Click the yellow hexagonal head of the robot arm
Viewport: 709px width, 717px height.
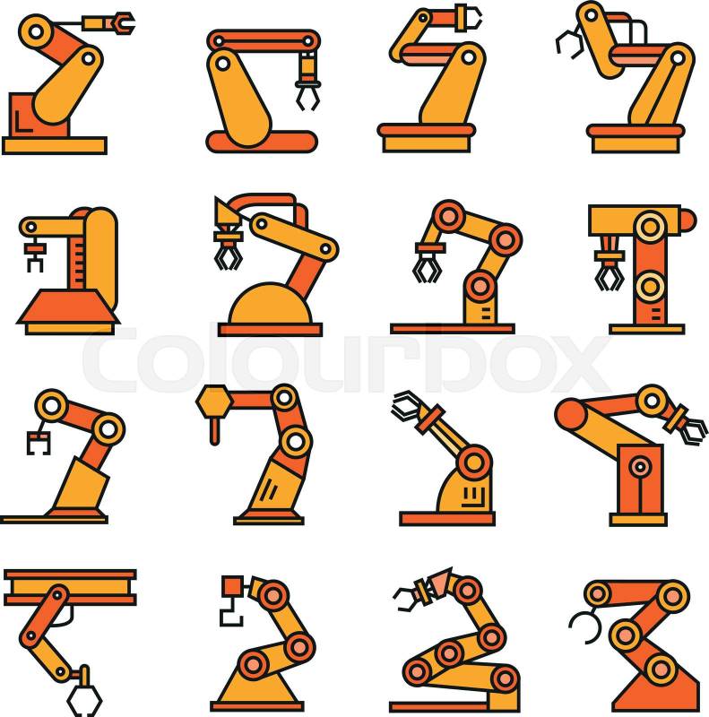(x=214, y=402)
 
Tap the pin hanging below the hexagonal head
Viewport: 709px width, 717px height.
(x=214, y=431)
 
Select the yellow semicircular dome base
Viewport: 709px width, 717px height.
(x=270, y=305)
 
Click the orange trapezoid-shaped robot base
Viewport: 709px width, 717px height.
(x=69, y=307)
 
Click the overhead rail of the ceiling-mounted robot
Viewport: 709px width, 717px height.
(x=70, y=587)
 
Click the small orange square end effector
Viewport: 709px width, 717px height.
(x=232, y=586)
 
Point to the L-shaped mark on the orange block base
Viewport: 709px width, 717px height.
(x=22, y=123)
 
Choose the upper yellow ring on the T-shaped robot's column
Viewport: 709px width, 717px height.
(x=650, y=227)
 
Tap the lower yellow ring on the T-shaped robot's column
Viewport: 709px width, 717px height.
(x=650, y=287)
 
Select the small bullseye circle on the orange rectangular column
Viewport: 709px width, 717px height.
(x=640, y=467)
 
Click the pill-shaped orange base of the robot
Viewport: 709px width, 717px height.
(x=262, y=142)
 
